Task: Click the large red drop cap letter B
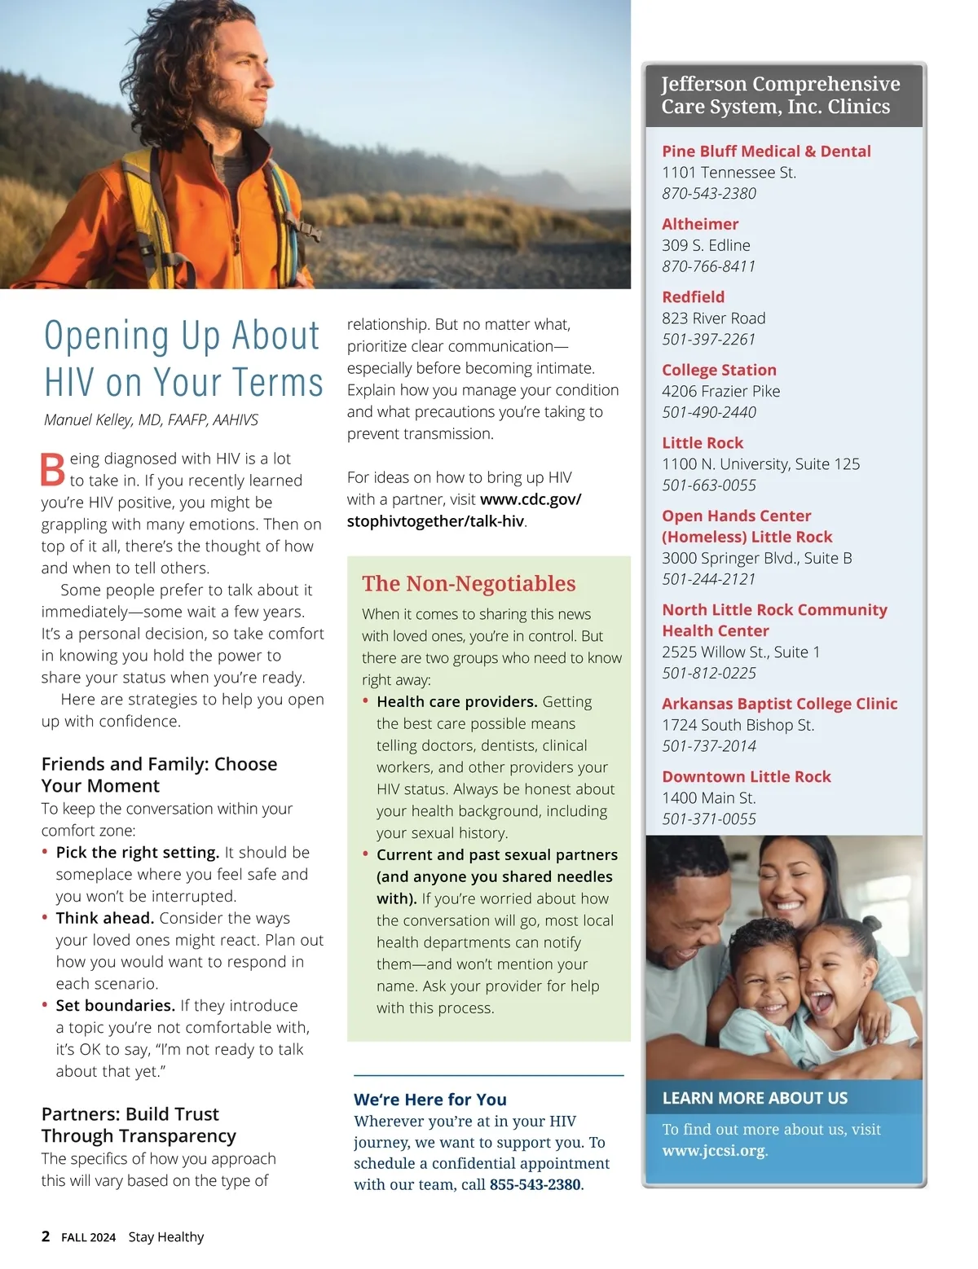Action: tap(53, 469)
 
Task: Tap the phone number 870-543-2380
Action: tap(709, 194)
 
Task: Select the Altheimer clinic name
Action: tap(700, 224)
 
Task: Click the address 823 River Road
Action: tap(713, 318)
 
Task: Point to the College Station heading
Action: tap(719, 370)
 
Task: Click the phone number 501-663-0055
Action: tap(709, 485)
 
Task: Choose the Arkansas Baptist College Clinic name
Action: tap(779, 704)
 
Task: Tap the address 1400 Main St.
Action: tap(708, 798)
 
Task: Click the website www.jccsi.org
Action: tap(714, 1151)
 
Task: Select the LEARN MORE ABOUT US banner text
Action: tap(755, 1098)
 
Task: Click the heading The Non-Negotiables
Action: tap(469, 583)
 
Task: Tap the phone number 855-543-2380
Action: tap(535, 1184)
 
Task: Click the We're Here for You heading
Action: tap(430, 1100)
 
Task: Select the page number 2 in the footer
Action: tap(46, 1236)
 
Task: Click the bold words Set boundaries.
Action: tap(116, 1006)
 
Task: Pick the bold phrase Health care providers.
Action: tap(456, 702)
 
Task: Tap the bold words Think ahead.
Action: tap(105, 919)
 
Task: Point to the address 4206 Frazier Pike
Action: tap(720, 391)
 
